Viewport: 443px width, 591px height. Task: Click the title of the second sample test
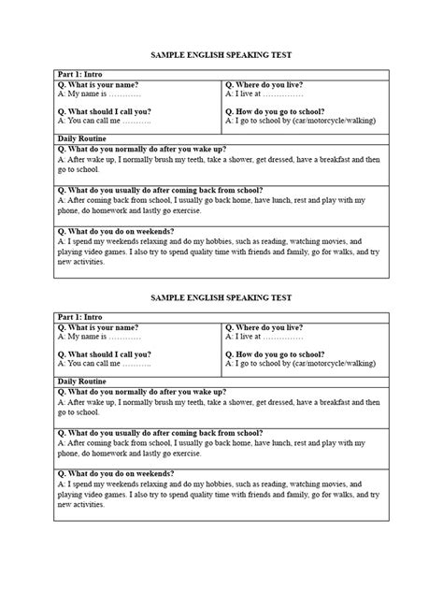(x=221, y=297)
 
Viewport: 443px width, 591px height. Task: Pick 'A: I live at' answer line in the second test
(x=264, y=338)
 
